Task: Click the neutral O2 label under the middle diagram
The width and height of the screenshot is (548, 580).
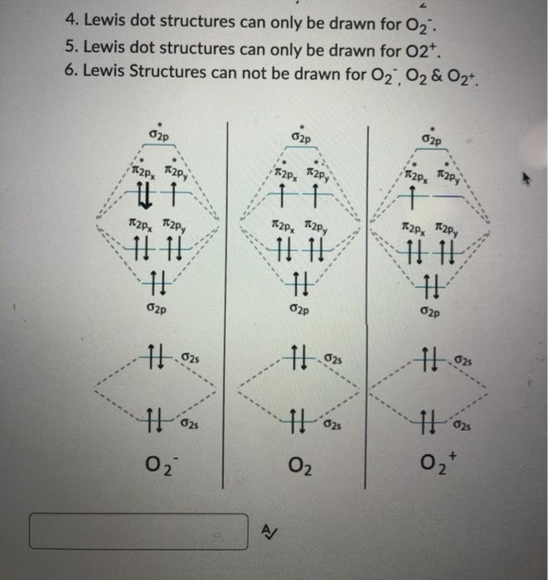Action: (x=301, y=466)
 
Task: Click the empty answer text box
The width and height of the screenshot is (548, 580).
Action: (x=138, y=531)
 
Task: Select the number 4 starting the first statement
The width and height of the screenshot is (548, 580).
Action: (x=69, y=17)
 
